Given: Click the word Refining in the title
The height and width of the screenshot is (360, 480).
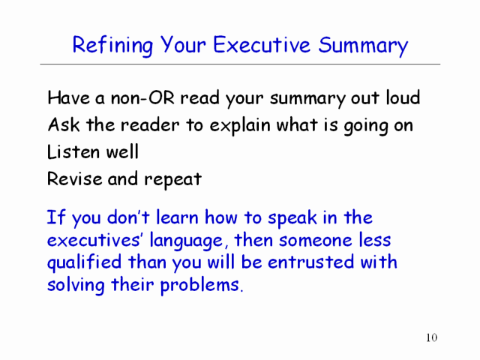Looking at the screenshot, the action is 112,46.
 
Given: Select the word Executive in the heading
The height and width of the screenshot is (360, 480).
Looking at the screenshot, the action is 262,45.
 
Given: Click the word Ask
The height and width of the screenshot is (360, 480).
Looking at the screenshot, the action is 64,124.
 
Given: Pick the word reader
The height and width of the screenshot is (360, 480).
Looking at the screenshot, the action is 150,125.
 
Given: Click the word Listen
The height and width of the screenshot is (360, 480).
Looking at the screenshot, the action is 73,151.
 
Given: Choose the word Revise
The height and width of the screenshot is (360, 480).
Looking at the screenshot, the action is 74,178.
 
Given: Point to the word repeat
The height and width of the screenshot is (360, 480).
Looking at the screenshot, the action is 172,180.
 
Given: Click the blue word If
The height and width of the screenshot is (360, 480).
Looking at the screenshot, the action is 55,217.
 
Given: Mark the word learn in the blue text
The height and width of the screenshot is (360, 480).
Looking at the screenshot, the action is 177,217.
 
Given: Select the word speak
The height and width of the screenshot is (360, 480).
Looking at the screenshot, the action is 292,218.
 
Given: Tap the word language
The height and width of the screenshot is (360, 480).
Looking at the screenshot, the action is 186,241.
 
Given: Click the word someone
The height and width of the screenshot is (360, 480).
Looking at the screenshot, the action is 316,240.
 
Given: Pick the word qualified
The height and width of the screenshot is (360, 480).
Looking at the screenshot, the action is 84,263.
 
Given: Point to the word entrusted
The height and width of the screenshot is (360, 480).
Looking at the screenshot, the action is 310,262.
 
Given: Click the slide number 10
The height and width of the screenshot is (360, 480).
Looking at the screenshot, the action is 432,337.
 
